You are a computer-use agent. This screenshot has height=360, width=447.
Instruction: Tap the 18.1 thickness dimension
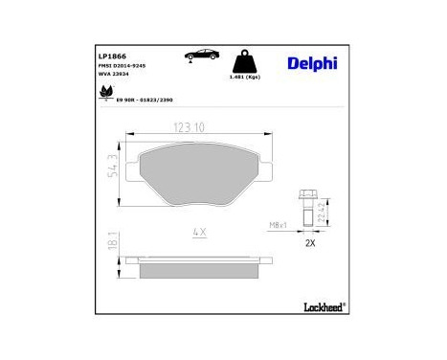point(115,243)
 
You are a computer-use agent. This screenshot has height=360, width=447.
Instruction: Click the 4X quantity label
point(199,231)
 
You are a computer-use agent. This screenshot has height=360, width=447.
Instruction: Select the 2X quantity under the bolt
point(309,244)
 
